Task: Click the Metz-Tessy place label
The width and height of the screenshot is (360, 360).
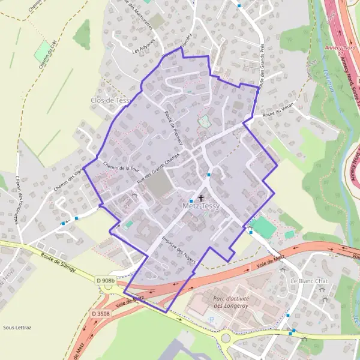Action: (201, 206)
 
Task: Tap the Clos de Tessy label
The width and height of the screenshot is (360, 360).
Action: (110, 100)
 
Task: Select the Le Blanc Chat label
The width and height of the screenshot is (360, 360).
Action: (309, 281)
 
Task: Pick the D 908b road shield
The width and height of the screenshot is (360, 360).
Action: (105, 280)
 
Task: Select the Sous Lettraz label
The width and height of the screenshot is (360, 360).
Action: (16, 328)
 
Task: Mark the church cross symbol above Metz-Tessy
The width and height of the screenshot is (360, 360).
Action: (200, 197)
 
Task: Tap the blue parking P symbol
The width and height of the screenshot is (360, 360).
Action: (211, 320)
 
